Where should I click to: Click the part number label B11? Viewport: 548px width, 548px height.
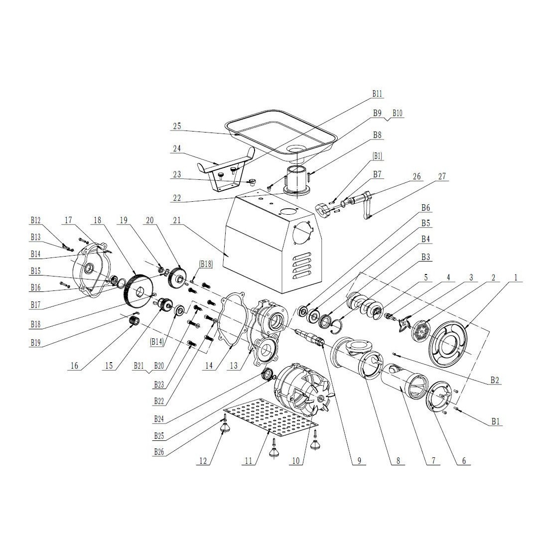coord(377,93)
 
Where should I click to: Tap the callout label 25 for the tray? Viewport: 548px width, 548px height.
coord(177,126)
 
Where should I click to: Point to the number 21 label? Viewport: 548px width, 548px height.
coord(177,220)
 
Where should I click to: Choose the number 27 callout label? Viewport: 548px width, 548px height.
coord(442,176)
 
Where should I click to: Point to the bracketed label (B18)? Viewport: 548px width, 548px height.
coord(206,265)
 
